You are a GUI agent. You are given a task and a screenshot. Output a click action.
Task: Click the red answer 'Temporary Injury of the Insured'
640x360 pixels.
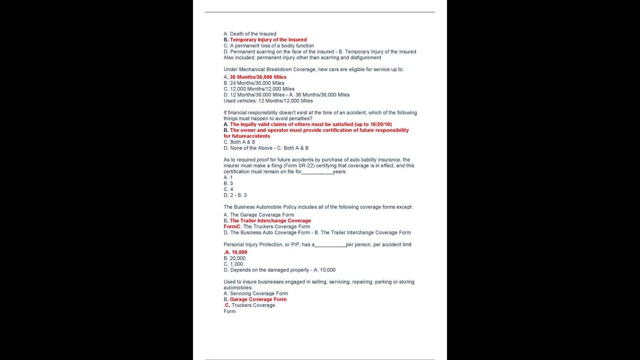268,39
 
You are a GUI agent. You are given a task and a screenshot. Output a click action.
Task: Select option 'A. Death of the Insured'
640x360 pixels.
250,34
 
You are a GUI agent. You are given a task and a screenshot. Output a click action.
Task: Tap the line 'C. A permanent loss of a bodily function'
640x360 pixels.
269,45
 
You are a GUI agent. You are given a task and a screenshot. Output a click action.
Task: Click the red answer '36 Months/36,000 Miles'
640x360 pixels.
258,77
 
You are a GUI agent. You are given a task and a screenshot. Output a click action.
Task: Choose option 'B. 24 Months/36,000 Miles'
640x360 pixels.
254,83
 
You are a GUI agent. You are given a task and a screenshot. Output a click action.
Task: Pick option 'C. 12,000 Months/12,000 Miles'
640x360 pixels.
259,89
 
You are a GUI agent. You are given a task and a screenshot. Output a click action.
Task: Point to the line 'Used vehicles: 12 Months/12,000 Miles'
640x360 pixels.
268,100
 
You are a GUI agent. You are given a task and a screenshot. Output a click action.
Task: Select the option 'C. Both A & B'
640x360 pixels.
239,142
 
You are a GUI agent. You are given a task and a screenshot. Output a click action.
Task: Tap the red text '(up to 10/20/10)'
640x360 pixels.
373,124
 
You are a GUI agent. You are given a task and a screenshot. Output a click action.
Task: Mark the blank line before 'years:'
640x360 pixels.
317,171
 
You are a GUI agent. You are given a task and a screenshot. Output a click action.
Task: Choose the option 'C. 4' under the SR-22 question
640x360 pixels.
228,189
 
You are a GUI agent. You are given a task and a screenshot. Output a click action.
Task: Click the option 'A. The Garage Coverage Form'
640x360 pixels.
259,215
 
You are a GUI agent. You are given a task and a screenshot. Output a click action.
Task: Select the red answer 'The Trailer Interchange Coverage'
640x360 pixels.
270,220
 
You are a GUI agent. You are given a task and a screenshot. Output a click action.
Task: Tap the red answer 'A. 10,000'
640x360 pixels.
236,252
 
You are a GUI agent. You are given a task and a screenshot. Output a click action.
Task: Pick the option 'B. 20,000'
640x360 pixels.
234,258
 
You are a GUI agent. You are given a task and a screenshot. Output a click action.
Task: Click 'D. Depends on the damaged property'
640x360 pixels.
266,270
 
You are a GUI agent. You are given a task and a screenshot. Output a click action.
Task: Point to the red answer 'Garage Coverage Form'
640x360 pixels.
258,299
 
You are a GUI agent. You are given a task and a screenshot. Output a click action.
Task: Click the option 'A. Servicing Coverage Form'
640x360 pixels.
255,293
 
